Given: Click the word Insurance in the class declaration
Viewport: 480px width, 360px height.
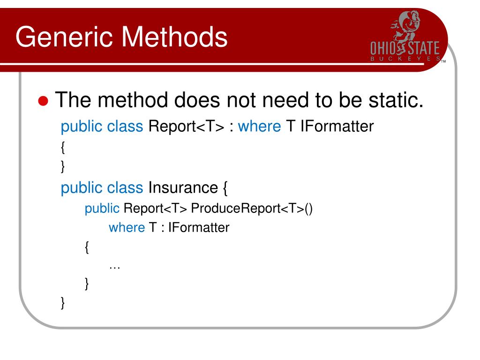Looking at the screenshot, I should click(x=183, y=187).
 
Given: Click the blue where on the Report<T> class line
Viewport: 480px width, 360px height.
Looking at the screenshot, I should click(x=259, y=127).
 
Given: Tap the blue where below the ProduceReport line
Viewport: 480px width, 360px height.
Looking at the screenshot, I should click(x=127, y=228).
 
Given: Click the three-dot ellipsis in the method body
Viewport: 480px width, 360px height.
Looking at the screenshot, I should click(x=114, y=266).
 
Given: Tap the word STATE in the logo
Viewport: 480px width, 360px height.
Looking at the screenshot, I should click(x=423, y=49).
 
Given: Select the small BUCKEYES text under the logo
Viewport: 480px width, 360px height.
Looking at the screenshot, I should click(x=405, y=59).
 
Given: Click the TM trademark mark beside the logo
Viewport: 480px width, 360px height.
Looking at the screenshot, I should click(x=443, y=61).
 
